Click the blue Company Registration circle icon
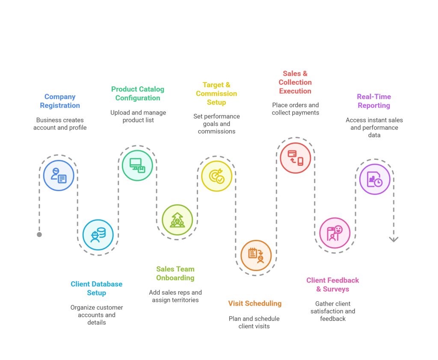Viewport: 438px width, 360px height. click(59, 175)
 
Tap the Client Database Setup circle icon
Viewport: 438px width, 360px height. click(98, 234)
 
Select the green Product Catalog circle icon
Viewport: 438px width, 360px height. click(137, 165)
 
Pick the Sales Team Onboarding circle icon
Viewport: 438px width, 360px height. click(177, 220)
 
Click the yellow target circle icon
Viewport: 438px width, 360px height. click(216, 176)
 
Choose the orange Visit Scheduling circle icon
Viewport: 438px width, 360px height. click(256, 255)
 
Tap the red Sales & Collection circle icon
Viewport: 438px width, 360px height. click(295, 158)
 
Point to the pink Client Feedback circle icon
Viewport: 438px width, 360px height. click(334, 233)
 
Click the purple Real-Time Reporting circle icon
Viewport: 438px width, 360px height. click(374, 179)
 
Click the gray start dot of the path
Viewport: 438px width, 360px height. click(39, 234)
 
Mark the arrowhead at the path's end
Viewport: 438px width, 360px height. click(394, 239)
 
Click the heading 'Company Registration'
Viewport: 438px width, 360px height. click(60, 101)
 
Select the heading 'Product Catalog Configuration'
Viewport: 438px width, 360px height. click(138, 93)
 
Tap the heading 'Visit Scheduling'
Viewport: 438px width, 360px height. click(255, 304)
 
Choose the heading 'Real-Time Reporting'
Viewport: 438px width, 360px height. click(374, 101)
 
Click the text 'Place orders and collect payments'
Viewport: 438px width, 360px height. click(295, 109)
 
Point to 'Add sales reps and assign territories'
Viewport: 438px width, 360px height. click(175, 296)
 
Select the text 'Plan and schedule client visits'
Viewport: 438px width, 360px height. click(254, 322)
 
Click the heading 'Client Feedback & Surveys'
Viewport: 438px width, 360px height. click(333, 285)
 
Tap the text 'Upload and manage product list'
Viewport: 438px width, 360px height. click(138, 116)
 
